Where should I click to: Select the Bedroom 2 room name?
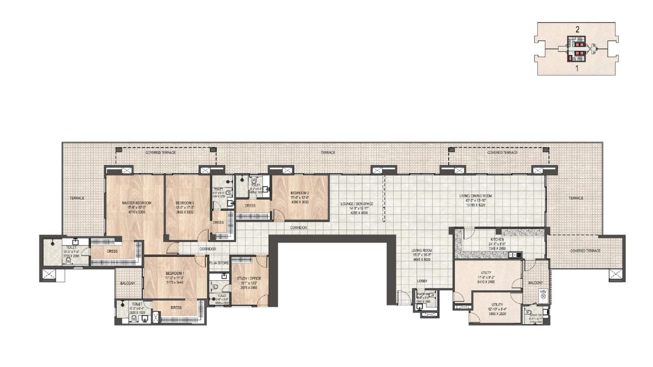[300, 193]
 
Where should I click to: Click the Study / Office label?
[248, 278]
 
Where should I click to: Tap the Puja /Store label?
[219, 263]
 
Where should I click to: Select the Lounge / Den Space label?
[357, 204]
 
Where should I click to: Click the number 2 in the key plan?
[577, 30]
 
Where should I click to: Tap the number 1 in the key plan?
[577, 67]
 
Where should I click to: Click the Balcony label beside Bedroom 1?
[128, 283]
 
